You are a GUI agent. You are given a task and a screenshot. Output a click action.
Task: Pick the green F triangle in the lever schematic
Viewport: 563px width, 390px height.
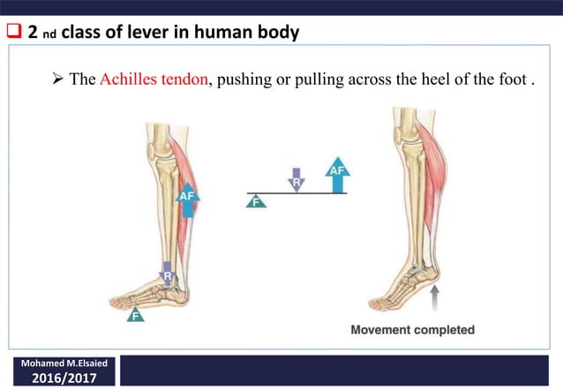click(256, 201)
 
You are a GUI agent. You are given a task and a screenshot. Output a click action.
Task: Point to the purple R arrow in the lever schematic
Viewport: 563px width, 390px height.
click(297, 179)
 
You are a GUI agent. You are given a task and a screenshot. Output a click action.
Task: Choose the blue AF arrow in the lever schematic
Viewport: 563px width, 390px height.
click(336, 174)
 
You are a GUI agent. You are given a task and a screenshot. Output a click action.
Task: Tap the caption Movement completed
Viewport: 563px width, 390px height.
click(412, 331)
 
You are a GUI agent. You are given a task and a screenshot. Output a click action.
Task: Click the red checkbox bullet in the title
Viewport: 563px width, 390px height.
click(13, 33)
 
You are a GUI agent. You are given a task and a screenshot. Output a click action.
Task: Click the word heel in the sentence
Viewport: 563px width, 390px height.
click(427, 79)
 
